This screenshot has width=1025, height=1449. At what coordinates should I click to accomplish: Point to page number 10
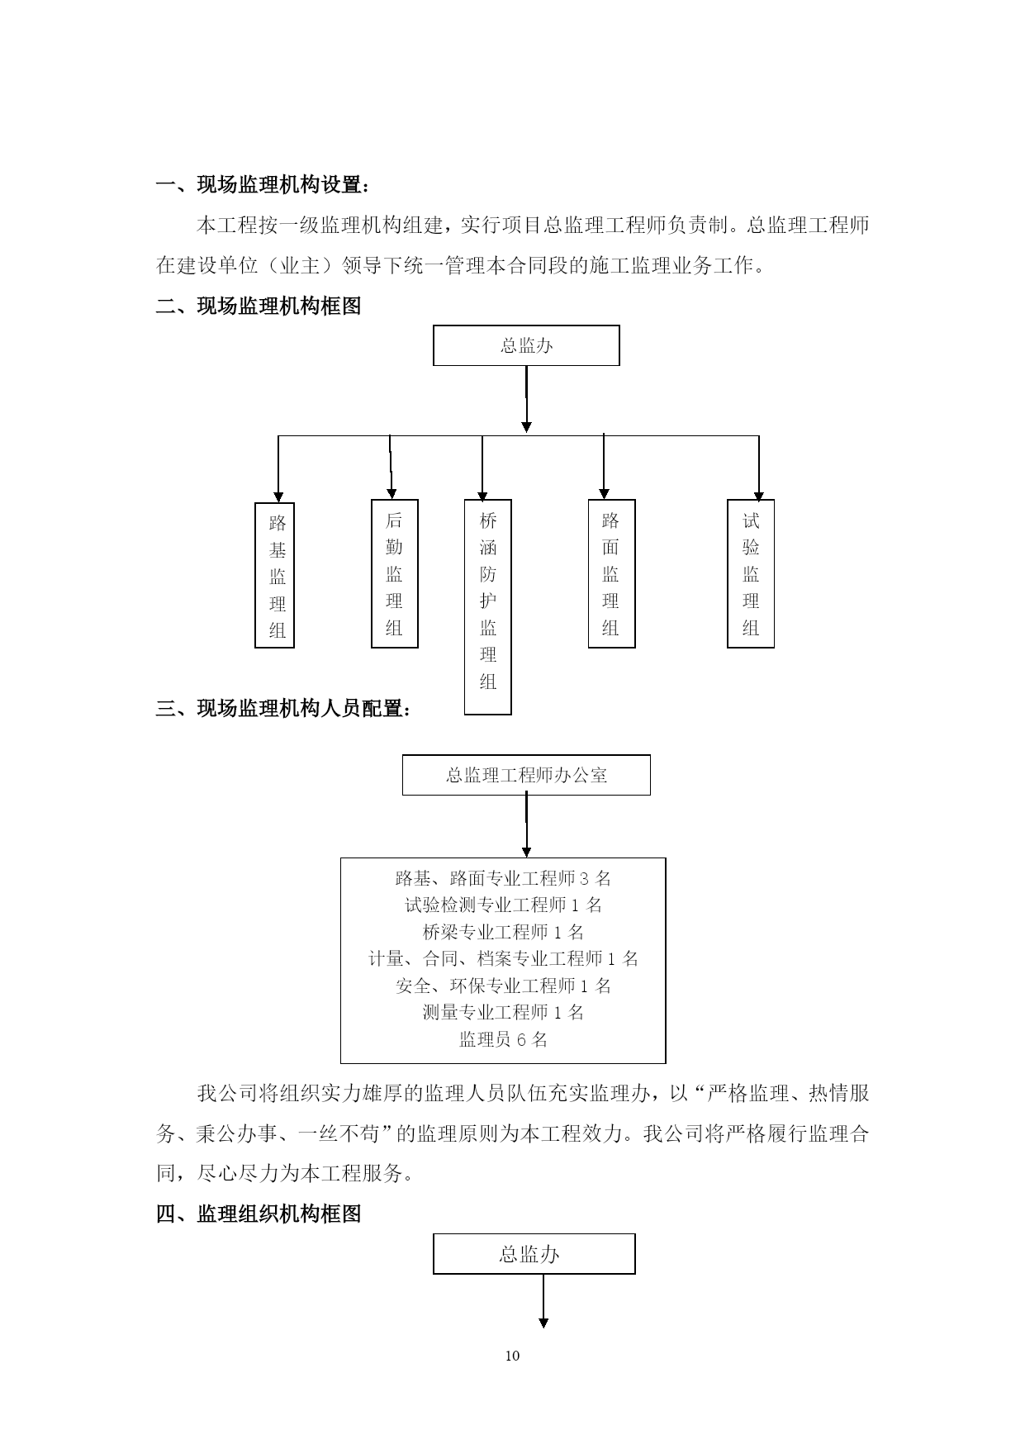[x=512, y=1356]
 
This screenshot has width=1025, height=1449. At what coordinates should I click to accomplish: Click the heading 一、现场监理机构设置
[x=263, y=185]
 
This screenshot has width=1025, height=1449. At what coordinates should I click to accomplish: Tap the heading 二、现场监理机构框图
[x=259, y=306]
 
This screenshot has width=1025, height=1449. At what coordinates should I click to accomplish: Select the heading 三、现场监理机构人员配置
[x=283, y=709]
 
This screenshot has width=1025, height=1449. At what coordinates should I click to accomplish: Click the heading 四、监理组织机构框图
[x=259, y=1214]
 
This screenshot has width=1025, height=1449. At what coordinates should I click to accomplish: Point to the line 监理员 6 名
[x=504, y=1039]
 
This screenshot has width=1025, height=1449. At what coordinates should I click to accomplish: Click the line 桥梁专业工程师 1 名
[x=504, y=932]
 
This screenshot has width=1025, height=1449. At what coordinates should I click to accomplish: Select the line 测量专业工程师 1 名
[x=504, y=1012]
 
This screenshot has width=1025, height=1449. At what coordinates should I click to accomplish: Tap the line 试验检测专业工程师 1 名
[x=504, y=905]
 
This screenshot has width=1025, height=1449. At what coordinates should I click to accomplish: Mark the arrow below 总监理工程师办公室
[x=526, y=826]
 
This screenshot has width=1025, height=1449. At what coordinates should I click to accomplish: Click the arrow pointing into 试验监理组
[x=758, y=468]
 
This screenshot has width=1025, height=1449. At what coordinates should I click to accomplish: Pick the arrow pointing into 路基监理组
[x=278, y=469]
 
